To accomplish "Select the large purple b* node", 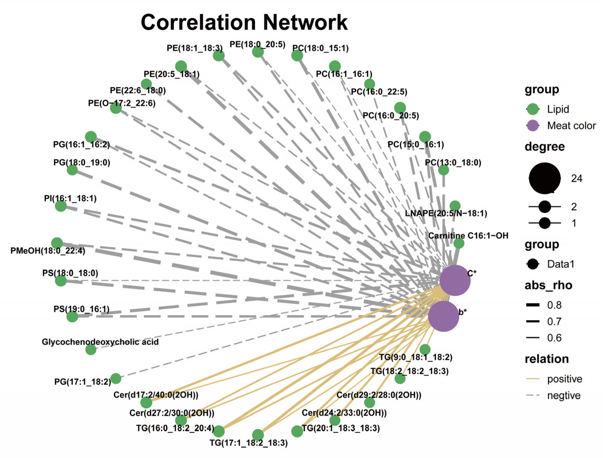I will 443,316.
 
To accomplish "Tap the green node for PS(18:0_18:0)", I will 61,281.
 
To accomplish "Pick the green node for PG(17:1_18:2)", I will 116,379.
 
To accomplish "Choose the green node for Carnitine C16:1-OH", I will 459,243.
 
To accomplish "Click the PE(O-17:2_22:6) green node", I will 116,108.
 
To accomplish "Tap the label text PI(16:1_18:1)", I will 70,198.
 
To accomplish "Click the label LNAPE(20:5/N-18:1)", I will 446,213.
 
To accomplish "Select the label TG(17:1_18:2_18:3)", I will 249,443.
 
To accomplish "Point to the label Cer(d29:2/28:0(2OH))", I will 379,395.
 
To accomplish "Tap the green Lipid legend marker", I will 533,109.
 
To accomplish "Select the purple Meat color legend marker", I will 533,126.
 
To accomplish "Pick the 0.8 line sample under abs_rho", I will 533,305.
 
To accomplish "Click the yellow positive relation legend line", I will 533,379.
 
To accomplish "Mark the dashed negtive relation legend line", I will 533,395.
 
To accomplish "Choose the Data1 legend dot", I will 533,264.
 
